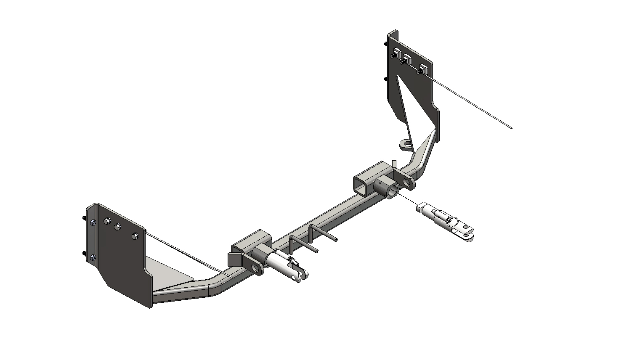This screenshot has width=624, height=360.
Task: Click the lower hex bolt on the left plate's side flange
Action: [93, 258]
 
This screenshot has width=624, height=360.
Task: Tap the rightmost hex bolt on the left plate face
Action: [135, 236]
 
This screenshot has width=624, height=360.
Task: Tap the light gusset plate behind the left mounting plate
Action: [168, 273]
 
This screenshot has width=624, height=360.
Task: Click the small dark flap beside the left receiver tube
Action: [233, 259]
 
